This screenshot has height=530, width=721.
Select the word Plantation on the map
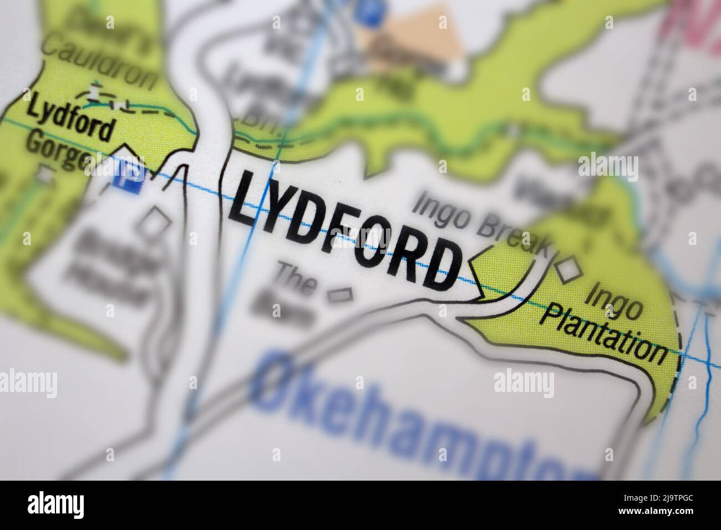coord(605,335)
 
